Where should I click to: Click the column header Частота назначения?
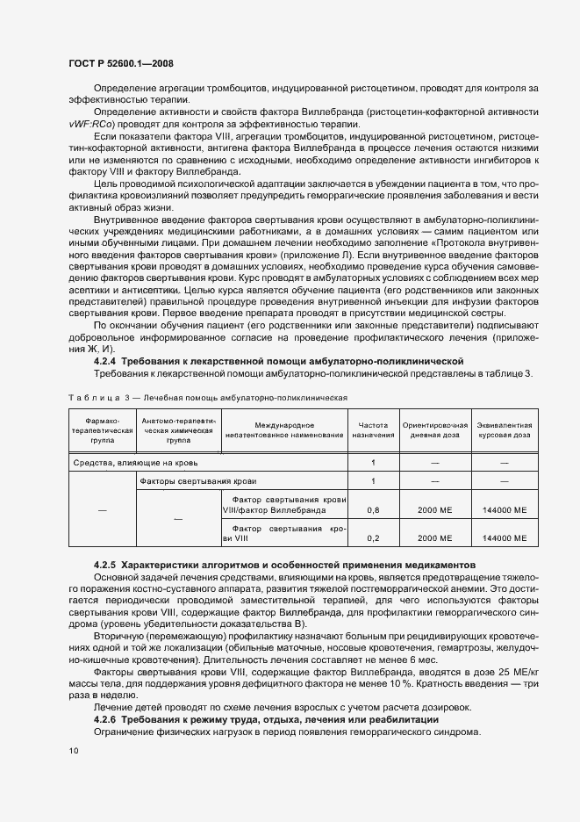[373, 429]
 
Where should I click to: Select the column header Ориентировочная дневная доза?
[433, 429]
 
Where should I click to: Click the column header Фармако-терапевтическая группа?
[101, 429]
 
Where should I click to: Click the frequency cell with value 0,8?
[373, 509]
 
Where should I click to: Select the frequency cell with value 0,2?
[373, 538]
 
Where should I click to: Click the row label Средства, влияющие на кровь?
[135, 462]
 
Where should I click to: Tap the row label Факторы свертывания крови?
[197, 481]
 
